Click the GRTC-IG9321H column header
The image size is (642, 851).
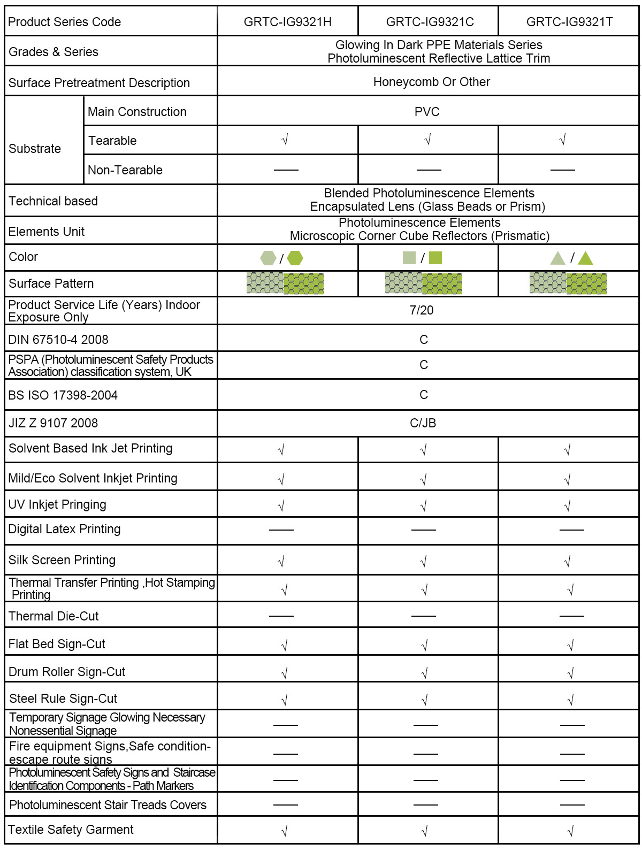pyautogui.click(x=287, y=22)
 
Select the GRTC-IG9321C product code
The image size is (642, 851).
pyautogui.click(x=430, y=22)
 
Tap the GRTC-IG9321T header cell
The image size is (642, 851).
pyautogui.click(x=569, y=22)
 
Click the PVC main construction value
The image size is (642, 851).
pyautogui.click(x=427, y=112)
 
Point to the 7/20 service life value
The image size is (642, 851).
pyautogui.click(x=422, y=310)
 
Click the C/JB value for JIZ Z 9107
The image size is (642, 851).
pyautogui.click(x=423, y=423)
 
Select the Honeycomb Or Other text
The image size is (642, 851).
pyautogui.click(x=431, y=82)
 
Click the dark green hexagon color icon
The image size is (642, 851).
pyautogui.click(x=295, y=258)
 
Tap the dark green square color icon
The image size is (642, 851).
pyautogui.click(x=435, y=258)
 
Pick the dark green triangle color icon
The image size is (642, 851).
pyautogui.click(x=586, y=259)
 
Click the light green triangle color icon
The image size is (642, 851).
pyautogui.click(x=557, y=259)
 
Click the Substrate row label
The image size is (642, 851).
pyautogui.click(x=35, y=149)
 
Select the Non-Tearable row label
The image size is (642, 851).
pyautogui.click(x=125, y=170)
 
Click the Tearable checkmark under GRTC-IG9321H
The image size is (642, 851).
pyautogui.click(x=285, y=140)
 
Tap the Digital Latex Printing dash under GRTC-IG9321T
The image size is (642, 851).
pyautogui.click(x=571, y=530)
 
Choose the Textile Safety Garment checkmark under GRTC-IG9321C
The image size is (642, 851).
pyautogui.click(x=424, y=831)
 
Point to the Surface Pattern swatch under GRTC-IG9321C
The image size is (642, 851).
pyautogui.click(x=424, y=283)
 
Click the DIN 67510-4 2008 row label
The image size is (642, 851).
pyautogui.click(x=58, y=340)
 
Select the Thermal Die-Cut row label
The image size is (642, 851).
pyautogui.click(x=53, y=616)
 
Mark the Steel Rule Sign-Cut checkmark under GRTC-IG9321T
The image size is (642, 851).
pyautogui.click(x=570, y=699)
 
